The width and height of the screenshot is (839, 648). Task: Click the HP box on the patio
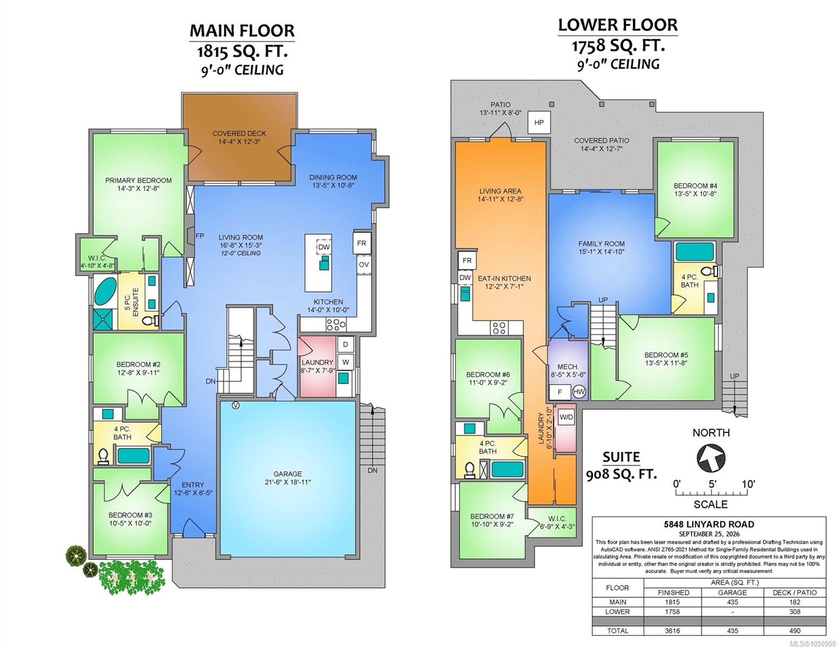(x=539, y=123)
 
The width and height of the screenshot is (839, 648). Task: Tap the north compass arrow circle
(x=711, y=458)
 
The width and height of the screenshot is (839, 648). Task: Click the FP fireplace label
(x=199, y=236)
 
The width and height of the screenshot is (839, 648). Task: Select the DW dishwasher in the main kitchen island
(x=324, y=247)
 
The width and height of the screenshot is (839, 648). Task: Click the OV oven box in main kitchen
(x=364, y=265)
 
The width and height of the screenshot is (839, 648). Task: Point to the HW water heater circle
(x=579, y=392)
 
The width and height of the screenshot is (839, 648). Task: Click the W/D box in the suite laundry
(x=566, y=417)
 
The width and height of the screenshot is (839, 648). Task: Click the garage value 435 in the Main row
(x=732, y=602)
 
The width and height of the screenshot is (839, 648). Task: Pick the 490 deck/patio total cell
(x=795, y=631)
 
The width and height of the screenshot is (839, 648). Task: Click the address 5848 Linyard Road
(x=709, y=524)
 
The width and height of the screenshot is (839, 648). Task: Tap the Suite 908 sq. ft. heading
(x=621, y=465)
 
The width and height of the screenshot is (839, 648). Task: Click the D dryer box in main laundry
(x=346, y=345)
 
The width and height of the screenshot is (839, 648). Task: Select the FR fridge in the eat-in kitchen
(x=467, y=260)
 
